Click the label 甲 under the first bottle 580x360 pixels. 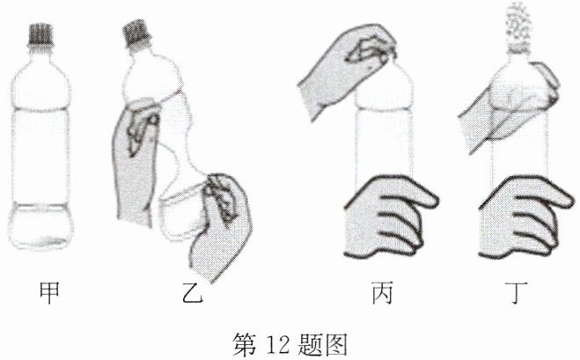(49, 293)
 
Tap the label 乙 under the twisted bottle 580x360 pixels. (193, 293)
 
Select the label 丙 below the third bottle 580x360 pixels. (382, 293)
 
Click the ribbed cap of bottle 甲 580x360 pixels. (40, 35)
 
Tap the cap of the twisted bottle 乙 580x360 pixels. (136, 34)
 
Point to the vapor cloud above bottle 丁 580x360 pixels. (519, 21)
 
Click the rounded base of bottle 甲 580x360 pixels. (40, 225)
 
